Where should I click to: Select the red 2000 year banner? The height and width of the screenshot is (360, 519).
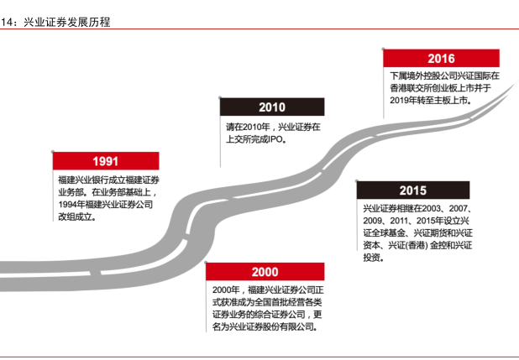(x=264, y=273)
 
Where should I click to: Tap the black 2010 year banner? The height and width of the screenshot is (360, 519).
(x=271, y=107)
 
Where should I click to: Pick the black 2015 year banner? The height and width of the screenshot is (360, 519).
(x=412, y=190)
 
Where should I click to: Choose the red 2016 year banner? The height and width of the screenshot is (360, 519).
(x=440, y=59)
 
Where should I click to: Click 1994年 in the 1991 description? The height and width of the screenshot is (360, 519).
(x=71, y=204)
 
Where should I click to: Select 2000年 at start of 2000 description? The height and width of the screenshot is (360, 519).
(x=225, y=290)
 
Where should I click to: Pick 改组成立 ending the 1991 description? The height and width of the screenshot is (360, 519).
(x=76, y=217)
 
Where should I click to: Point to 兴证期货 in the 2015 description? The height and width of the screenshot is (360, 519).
(x=431, y=232)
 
